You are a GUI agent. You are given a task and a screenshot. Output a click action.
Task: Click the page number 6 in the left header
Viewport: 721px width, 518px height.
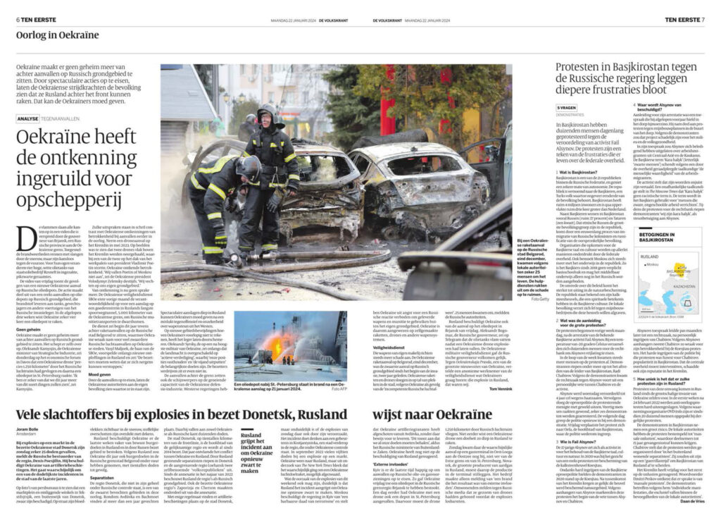(18, 20)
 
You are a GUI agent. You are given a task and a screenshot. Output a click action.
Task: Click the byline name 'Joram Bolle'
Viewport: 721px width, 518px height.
(28, 428)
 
